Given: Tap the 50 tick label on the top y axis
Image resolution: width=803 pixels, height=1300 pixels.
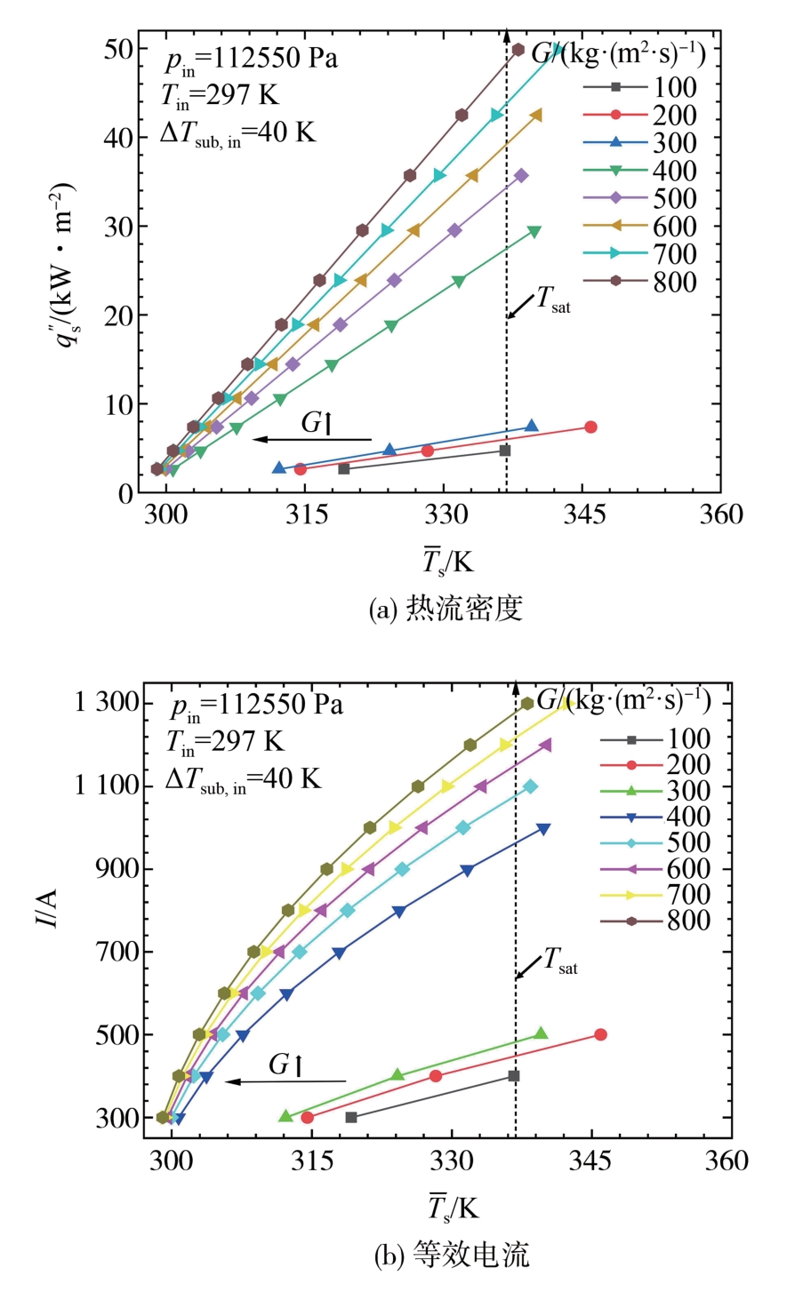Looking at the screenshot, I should coord(118,49).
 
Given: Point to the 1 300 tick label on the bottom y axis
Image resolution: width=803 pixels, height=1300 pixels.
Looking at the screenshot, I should coord(108,703).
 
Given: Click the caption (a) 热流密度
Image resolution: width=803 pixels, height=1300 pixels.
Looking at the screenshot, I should coord(446,609).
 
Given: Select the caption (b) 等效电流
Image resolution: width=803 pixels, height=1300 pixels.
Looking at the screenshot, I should coord(452,1255).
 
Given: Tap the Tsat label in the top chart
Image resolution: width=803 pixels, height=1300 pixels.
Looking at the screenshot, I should coord(552,301).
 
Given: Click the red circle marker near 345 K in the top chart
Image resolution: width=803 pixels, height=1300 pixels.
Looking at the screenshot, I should coord(590,427).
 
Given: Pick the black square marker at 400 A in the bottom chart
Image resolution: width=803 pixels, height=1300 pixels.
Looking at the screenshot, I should coord(513,1076).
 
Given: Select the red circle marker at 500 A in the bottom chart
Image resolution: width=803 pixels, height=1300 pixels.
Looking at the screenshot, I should coord(600,1034).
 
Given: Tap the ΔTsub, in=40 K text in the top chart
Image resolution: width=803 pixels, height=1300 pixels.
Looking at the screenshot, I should coord(237,133).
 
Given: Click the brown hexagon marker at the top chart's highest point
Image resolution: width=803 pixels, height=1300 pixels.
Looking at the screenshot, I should coord(518,50).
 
